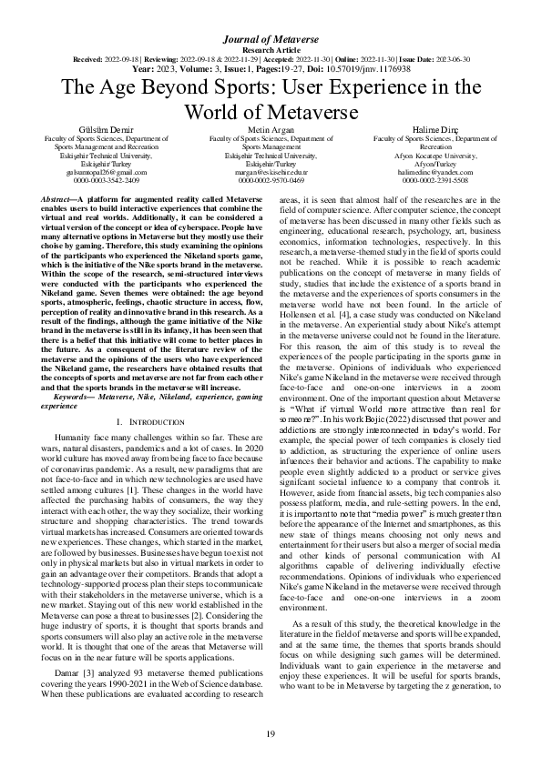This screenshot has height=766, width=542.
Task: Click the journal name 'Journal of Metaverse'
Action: tap(271, 39)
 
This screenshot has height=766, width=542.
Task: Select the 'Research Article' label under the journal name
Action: tap(271, 50)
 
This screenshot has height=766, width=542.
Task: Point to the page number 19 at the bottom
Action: tap(271, 733)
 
